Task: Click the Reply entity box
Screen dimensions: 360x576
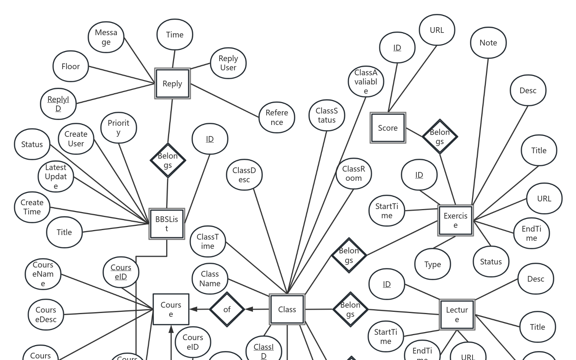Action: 172,84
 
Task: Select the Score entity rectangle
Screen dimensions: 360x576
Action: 388,128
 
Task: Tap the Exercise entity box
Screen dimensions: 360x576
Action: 455,221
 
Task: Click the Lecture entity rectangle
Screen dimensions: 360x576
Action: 457,315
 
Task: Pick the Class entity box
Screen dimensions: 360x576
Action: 287,310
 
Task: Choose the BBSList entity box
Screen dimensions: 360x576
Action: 167,224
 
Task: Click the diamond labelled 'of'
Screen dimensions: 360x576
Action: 227,310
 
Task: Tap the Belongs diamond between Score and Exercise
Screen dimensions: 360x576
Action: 440,136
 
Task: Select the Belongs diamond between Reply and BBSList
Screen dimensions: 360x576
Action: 168,161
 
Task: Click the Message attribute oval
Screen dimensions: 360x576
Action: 106,37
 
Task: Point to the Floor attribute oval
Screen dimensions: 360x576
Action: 71,66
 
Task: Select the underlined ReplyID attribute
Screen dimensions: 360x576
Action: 58,104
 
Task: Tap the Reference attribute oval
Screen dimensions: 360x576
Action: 277,117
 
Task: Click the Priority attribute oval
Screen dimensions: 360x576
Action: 118,128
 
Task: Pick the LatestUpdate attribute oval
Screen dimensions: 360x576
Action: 56,177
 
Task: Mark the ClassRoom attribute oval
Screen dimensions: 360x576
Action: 353,174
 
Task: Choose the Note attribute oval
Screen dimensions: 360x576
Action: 488,43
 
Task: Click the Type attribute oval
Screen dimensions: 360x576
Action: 432,264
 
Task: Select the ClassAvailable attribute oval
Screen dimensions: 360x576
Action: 366,81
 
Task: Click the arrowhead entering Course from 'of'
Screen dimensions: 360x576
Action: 194,309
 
